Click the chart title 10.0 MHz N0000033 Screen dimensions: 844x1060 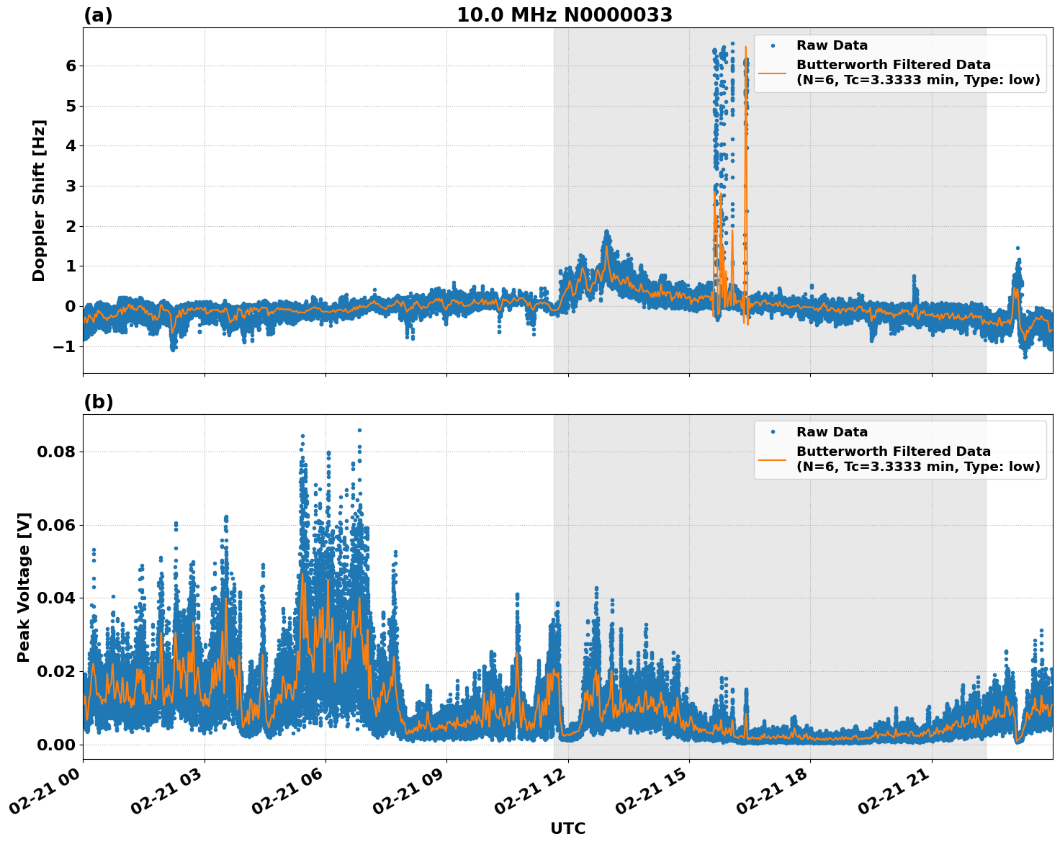[565, 15]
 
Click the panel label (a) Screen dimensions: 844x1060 [98, 15]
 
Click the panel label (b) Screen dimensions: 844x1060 [98, 402]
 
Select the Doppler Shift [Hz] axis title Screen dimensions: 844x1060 [39, 200]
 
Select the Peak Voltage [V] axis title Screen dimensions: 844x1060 [24, 587]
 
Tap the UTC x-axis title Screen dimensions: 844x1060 [567, 828]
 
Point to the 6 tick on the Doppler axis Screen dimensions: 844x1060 [71, 66]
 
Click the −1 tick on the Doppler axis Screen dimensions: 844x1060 [65, 346]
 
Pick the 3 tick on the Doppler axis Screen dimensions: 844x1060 [71, 186]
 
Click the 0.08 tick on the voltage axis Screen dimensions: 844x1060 [58, 452]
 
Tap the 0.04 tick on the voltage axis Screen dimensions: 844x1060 [58, 598]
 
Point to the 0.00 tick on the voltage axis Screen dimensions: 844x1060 [58, 744]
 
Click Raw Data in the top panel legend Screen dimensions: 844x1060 [832, 45]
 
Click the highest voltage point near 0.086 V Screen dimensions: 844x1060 [359, 430]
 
